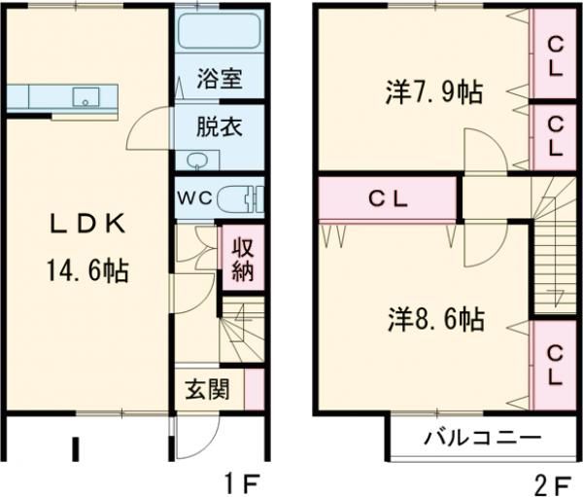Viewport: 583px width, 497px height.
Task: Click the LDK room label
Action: (x=88, y=225)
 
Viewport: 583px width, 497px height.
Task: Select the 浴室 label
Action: (x=220, y=79)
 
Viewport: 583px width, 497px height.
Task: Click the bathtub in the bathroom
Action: (x=219, y=30)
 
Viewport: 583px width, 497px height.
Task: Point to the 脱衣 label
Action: (x=220, y=126)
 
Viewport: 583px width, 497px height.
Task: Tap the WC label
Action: (x=194, y=198)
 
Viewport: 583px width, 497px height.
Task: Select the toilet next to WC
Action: (x=240, y=198)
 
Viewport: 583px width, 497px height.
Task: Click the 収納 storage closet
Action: (x=243, y=258)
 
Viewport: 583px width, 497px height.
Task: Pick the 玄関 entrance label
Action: (x=208, y=389)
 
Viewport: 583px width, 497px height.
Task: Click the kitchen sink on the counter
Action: (x=86, y=97)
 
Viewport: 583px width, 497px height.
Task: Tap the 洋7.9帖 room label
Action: (x=434, y=92)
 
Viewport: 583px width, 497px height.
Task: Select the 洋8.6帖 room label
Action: (x=436, y=319)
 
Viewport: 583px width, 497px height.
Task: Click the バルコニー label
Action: (x=483, y=440)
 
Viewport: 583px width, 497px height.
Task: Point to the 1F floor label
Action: (x=240, y=482)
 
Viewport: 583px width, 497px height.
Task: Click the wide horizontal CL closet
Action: (x=388, y=199)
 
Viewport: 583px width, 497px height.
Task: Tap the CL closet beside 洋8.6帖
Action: (x=555, y=365)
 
